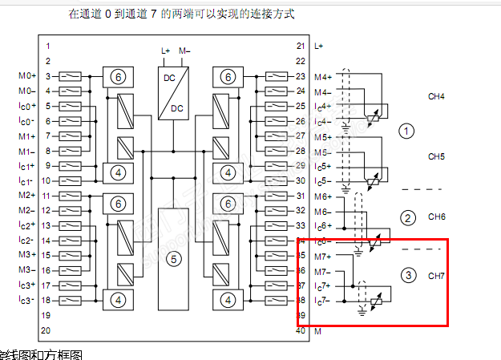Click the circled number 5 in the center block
(170, 258)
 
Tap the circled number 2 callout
(407, 218)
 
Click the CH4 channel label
(436, 97)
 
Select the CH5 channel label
(436, 156)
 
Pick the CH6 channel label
(436, 216)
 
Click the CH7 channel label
(436, 275)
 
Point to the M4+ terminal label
(323, 77)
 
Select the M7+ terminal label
(323, 256)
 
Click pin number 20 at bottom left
(46, 330)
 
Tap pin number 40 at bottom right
(301, 330)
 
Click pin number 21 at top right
(301, 47)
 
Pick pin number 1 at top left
(48, 47)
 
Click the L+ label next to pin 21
(319, 47)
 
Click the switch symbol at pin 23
(276, 76)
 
